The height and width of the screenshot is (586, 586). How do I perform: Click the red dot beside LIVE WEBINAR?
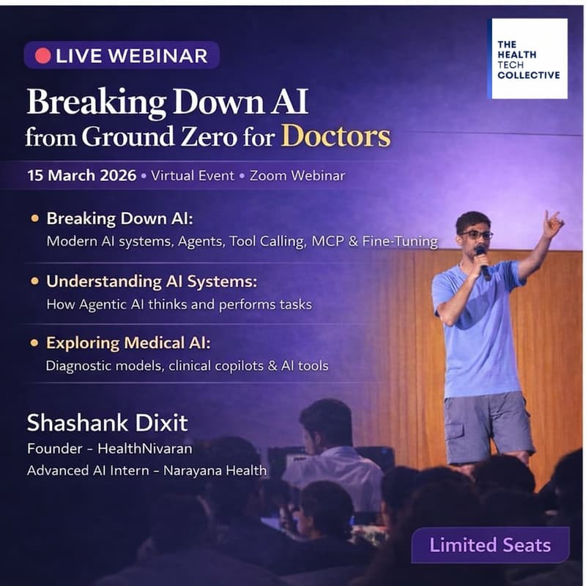[42, 55]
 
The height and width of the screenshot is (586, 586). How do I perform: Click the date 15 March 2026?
[82, 176]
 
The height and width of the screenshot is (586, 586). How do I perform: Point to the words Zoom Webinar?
[297, 176]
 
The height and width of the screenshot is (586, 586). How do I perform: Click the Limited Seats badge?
[490, 545]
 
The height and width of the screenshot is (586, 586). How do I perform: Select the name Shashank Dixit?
[107, 423]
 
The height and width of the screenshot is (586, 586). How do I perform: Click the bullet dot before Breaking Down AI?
[34, 219]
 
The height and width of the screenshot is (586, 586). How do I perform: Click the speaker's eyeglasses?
[476, 235]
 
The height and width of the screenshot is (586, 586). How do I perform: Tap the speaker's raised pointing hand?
[552, 223]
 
